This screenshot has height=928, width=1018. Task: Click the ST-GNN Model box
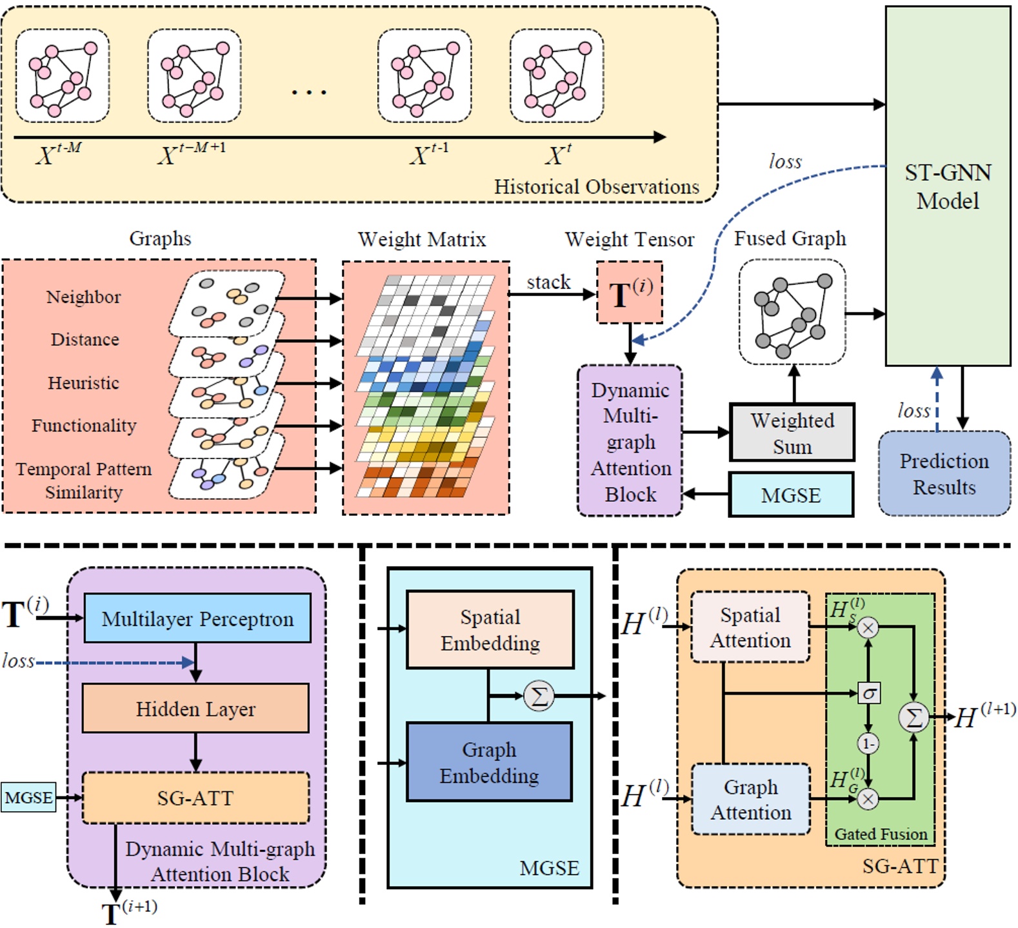pos(947,186)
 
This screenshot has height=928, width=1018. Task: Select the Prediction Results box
pos(944,474)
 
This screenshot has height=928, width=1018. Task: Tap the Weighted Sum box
pos(792,433)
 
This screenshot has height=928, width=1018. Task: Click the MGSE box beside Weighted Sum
pos(791,495)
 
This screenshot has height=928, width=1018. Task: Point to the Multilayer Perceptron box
pos(197,618)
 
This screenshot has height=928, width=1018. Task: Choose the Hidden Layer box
pos(195,709)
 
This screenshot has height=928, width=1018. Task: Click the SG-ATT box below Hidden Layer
pos(195,798)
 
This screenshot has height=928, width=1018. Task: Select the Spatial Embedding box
pos(490,629)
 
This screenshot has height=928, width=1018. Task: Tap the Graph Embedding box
pos(489,762)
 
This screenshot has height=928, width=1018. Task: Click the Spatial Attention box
pos(750,627)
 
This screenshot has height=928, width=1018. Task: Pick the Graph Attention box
pos(750,800)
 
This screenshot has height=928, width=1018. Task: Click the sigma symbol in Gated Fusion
pos(869,693)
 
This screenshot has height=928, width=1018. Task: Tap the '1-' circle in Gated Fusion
pos(868,744)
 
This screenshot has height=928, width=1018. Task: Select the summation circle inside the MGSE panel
pos(539,696)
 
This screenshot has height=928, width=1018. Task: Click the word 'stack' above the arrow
pos(548,282)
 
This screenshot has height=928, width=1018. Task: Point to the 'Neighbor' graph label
pos(83,297)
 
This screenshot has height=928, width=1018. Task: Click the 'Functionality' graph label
pos(84,426)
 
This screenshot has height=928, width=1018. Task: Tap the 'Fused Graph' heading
pos(790,239)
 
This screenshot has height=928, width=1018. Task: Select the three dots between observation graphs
pos(309,92)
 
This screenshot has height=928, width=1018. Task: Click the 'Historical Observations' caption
pos(596,187)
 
